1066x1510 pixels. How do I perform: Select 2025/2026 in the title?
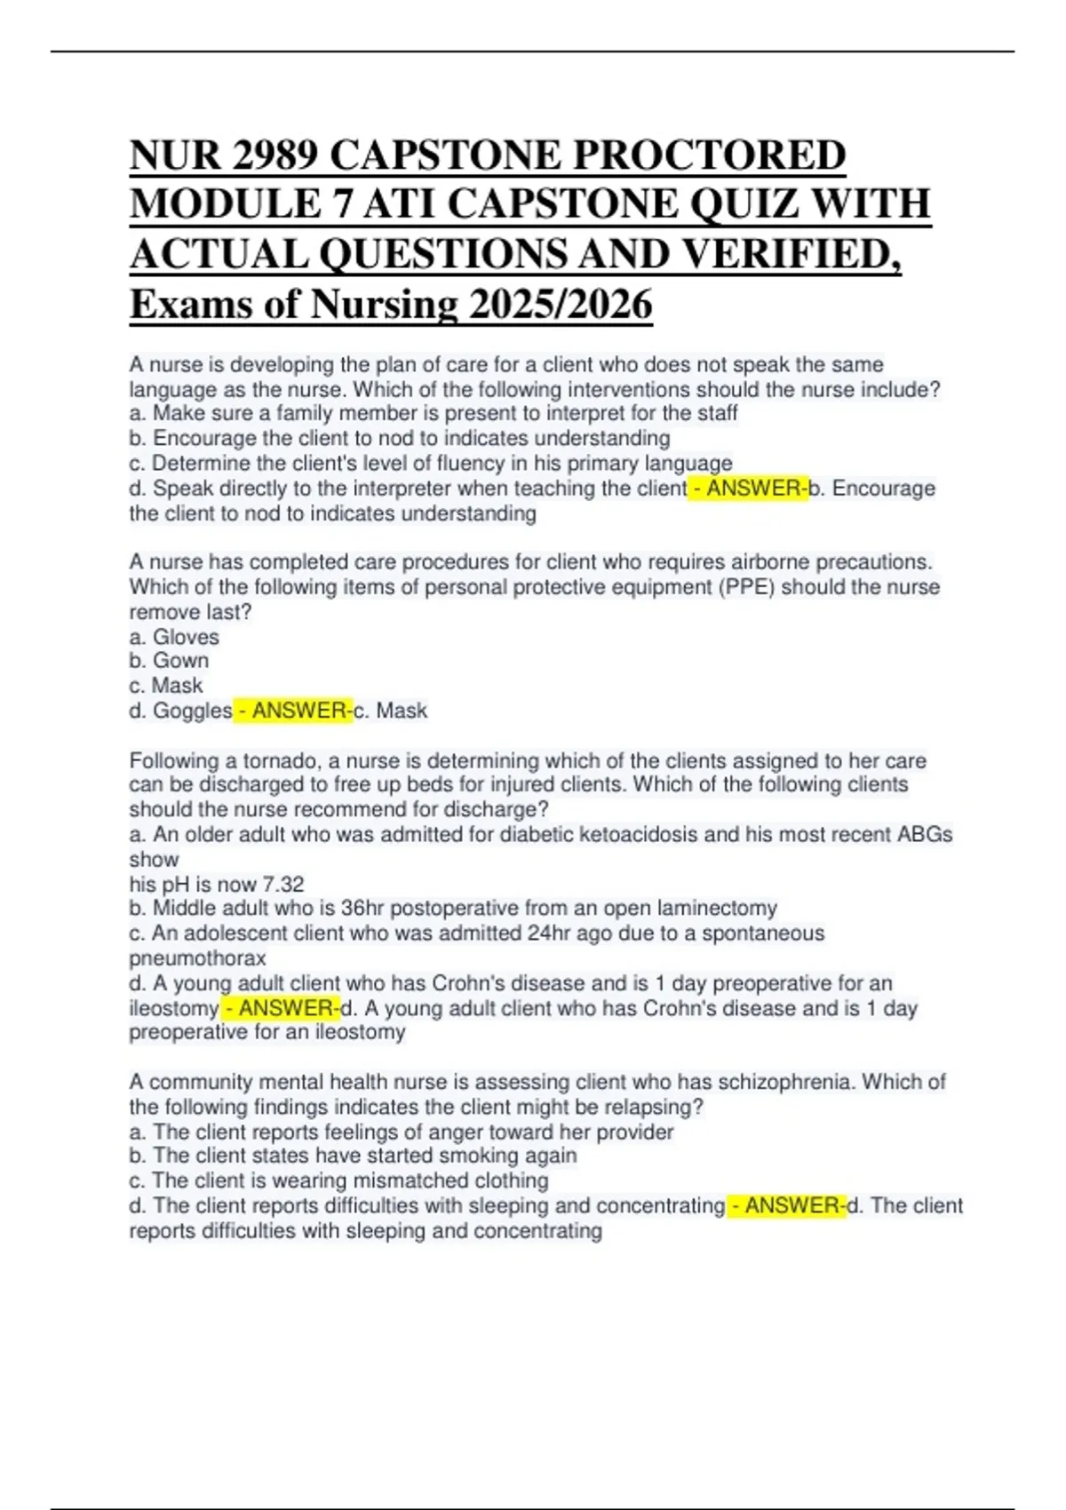tap(561, 305)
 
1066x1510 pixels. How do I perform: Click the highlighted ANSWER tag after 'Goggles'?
tap(293, 711)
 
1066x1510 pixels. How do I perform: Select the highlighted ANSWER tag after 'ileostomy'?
tap(280, 1008)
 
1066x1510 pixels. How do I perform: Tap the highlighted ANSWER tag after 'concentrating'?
tap(787, 1205)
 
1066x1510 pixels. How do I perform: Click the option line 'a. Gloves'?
tap(174, 637)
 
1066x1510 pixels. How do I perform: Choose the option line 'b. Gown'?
tap(170, 661)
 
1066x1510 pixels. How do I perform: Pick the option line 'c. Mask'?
tap(166, 686)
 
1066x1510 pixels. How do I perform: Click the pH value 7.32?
tap(283, 885)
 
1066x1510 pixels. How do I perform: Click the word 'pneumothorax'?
tap(197, 958)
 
